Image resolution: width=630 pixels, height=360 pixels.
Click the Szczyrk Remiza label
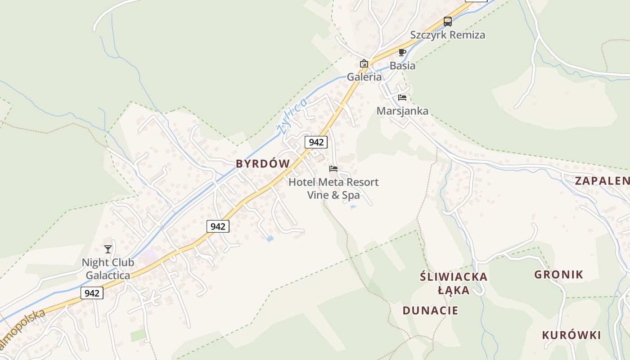coord(447,35)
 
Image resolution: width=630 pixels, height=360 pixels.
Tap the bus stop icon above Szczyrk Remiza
coord(448,21)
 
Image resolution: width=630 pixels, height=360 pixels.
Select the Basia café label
coord(402,66)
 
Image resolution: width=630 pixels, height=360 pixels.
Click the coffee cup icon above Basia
coord(402,52)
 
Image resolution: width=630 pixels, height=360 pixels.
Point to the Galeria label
coord(364,77)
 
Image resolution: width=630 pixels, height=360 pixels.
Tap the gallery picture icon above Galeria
coord(364,63)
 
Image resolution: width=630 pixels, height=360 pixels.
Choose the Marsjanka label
coord(402,111)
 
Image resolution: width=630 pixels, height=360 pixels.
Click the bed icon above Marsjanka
coord(402,97)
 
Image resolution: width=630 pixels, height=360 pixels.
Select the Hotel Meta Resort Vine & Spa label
coord(333,189)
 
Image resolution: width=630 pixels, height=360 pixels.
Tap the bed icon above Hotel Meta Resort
coord(333,169)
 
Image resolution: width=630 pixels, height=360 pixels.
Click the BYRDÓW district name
coord(263,164)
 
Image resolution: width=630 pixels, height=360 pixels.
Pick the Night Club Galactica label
coord(108,269)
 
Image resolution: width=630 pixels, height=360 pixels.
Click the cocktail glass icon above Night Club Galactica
coord(108,249)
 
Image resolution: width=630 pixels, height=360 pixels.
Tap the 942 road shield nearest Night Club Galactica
coord(92,293)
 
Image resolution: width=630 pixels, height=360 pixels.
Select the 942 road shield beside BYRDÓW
coord(316,142)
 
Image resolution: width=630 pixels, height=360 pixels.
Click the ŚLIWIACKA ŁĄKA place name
coord(454,283)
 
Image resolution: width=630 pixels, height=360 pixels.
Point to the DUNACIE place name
coord(430,310)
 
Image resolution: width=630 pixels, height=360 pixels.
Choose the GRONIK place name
coord(558,274)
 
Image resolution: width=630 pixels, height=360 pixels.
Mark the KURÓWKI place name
coord(571,335)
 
